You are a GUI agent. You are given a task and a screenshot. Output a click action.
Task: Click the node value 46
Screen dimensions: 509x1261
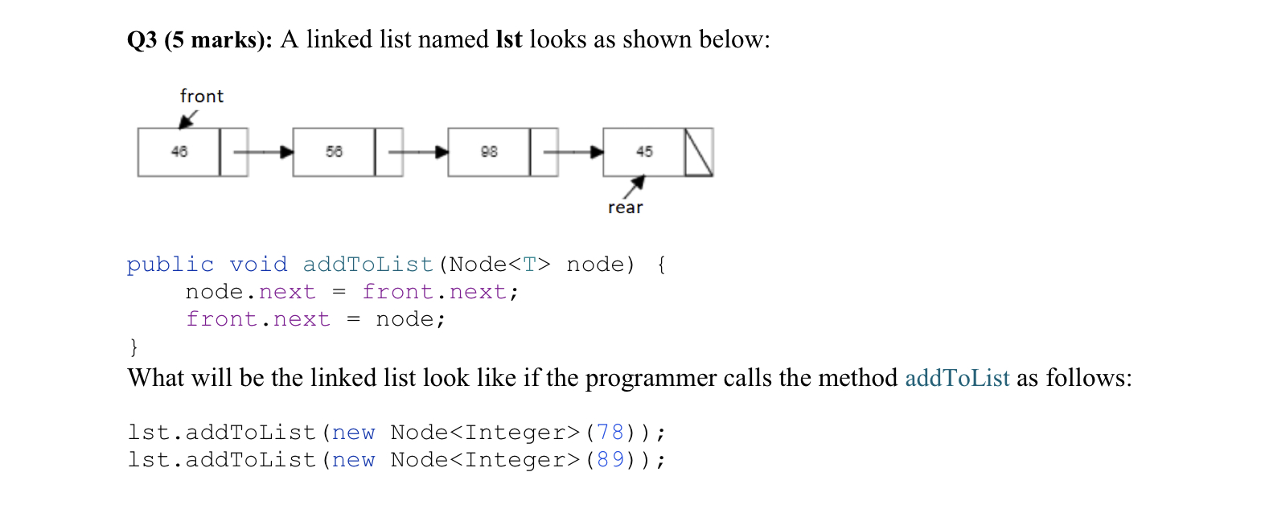[x=179, y=151]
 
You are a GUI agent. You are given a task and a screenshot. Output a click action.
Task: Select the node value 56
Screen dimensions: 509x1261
[x=334, y=151]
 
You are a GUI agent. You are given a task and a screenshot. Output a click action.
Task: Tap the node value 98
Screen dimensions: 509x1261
[x=488, y=151]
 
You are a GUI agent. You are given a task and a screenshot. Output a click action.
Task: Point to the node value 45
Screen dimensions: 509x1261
[x=643, y=151]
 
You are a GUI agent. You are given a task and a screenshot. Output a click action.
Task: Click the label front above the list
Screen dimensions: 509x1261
[x=202, y=96]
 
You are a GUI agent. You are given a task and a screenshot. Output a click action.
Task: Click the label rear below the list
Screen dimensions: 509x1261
[x=626, y=208]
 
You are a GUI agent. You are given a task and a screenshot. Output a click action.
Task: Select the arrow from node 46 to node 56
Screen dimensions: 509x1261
[x=262, y=151]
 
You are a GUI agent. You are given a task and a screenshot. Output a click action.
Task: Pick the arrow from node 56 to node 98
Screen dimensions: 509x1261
[x=417, y=151]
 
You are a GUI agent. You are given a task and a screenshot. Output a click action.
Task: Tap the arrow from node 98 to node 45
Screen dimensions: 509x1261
[x=573, y=151]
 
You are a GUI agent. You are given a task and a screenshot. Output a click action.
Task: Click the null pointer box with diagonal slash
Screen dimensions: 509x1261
[x=698, y=151]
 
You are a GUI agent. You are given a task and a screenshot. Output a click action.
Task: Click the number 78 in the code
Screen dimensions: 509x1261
[x=610, y=433]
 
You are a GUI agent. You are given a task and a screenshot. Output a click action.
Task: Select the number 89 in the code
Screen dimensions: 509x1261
[x=610, y=460]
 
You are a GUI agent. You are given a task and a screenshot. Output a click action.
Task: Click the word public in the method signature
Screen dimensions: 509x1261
[x=170, y=265]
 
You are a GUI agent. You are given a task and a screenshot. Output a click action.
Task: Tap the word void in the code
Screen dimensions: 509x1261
[x=258, y=265]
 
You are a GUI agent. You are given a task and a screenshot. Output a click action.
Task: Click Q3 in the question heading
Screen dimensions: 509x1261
[x=142, y=39]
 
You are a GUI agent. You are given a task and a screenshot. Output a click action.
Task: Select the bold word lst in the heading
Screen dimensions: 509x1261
[x=508, y=39]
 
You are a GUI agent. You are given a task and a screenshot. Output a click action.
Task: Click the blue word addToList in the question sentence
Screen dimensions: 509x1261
[x=957, y=377]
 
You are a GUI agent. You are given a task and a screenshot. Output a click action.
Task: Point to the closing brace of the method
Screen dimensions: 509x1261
[x=133, y=347]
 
